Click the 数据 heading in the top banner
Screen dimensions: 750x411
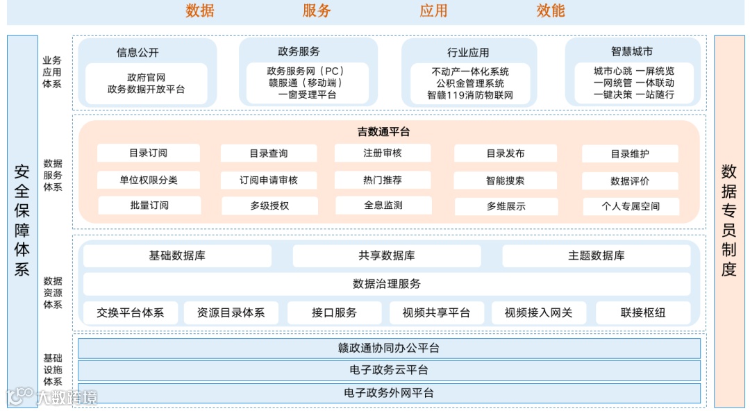pos(200,10)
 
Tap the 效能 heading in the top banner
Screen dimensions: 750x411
pos(551,10)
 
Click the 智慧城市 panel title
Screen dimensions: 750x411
pos(632,51)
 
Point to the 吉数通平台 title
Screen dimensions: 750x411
pos(383,131)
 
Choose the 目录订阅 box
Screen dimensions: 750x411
pos(148,153)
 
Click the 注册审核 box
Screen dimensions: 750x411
pos(383,153)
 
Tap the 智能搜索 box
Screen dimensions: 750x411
pos(506,181)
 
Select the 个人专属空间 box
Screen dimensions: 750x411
pos(631,206)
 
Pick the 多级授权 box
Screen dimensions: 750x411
pos(269,205)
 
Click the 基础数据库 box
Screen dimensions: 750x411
pos(177,255)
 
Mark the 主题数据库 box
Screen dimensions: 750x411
pos(596,255)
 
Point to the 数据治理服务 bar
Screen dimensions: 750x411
pos(387,283)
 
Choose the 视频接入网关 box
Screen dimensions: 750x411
pos(539,312)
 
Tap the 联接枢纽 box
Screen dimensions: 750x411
pos(643,312)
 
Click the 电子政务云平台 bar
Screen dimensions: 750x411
pos(389,370)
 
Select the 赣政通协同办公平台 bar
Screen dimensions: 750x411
pos(389,348)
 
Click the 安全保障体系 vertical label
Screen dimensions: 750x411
pos(22,221)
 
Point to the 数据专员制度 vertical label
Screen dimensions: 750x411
pos(728,221)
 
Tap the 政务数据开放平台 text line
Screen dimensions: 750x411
pos(147,89)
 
